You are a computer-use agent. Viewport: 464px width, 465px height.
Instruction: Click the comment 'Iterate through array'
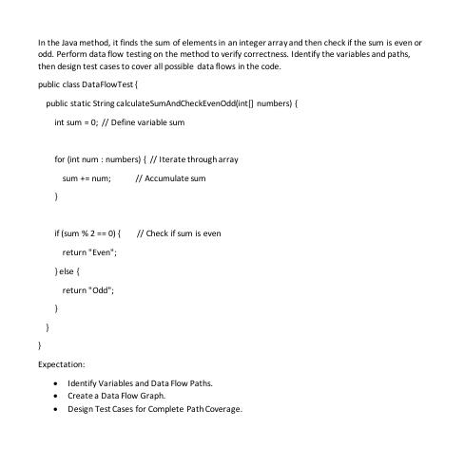198,158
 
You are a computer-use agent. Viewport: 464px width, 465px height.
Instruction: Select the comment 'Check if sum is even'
183,232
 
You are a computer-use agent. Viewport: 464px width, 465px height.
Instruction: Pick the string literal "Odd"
101,289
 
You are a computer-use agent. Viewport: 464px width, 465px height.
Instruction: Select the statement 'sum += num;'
87,177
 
